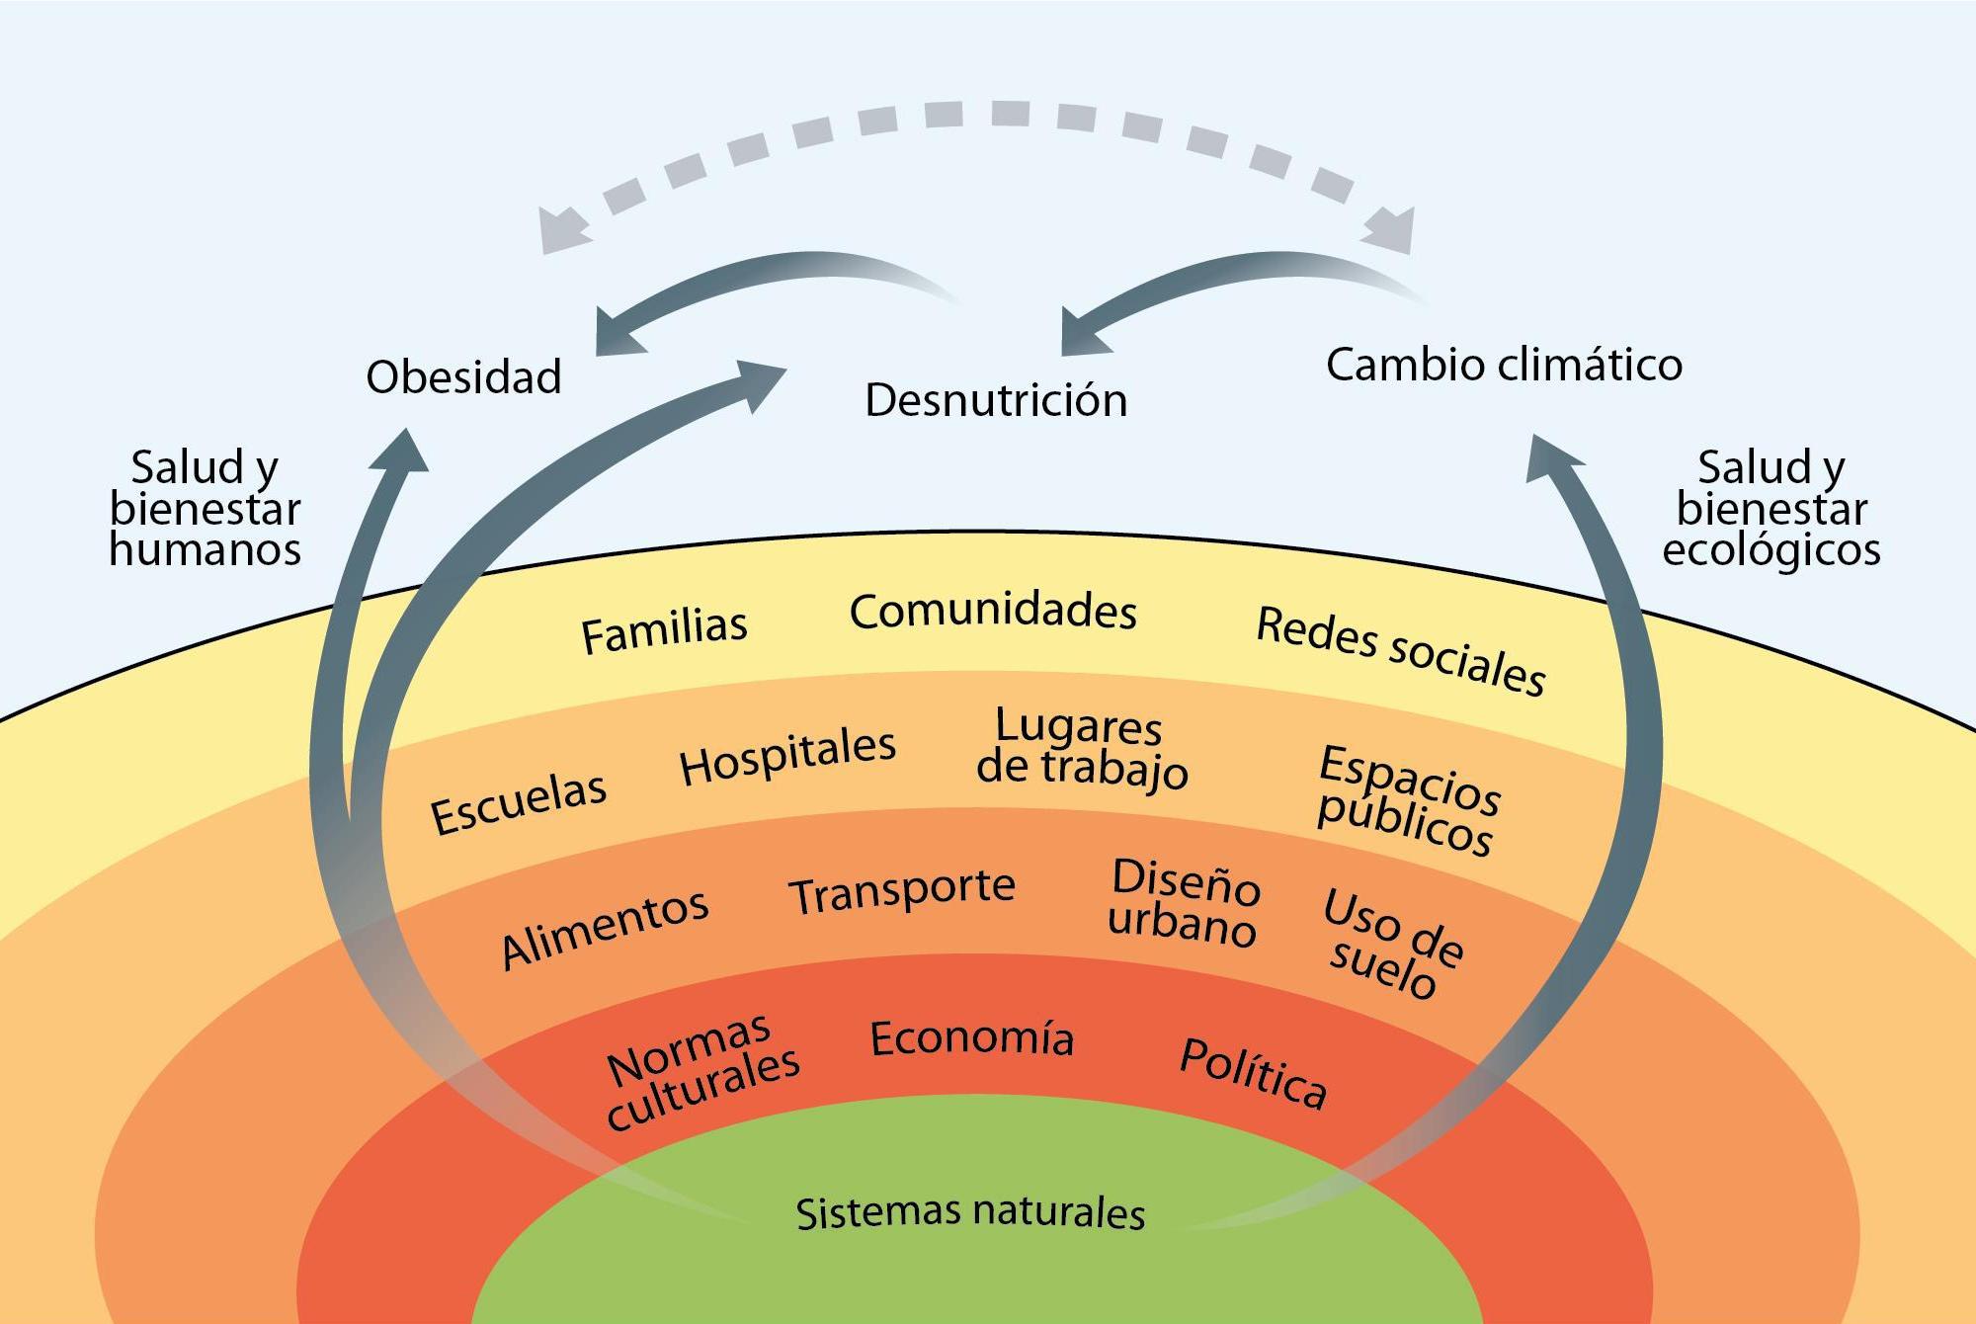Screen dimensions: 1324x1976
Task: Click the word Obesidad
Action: tap(463, 377)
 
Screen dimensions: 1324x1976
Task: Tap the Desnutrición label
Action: tap(996, 400)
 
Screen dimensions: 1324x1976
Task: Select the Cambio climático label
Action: tap(1504, 365)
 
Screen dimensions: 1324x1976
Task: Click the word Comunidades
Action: tap(993, 611)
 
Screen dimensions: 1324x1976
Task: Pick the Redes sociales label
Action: tap(1400, 651)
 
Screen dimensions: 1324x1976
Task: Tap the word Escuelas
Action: tap(519, 801)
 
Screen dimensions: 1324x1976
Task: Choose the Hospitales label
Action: tap(787, 756)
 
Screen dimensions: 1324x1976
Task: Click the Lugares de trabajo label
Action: tap(1081, 748)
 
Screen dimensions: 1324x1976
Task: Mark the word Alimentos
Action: tap(605, 928)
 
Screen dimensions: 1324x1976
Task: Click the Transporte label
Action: tap(901, 891)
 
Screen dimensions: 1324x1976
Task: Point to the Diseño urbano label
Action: tap(1184, 902)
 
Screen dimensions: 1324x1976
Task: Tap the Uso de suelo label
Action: tap(1391, 944)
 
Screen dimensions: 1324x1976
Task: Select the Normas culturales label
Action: tap(701, 1070)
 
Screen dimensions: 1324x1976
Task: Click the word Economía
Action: tap(971, 1038)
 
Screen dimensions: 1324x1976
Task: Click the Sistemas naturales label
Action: tap(970, 1212)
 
